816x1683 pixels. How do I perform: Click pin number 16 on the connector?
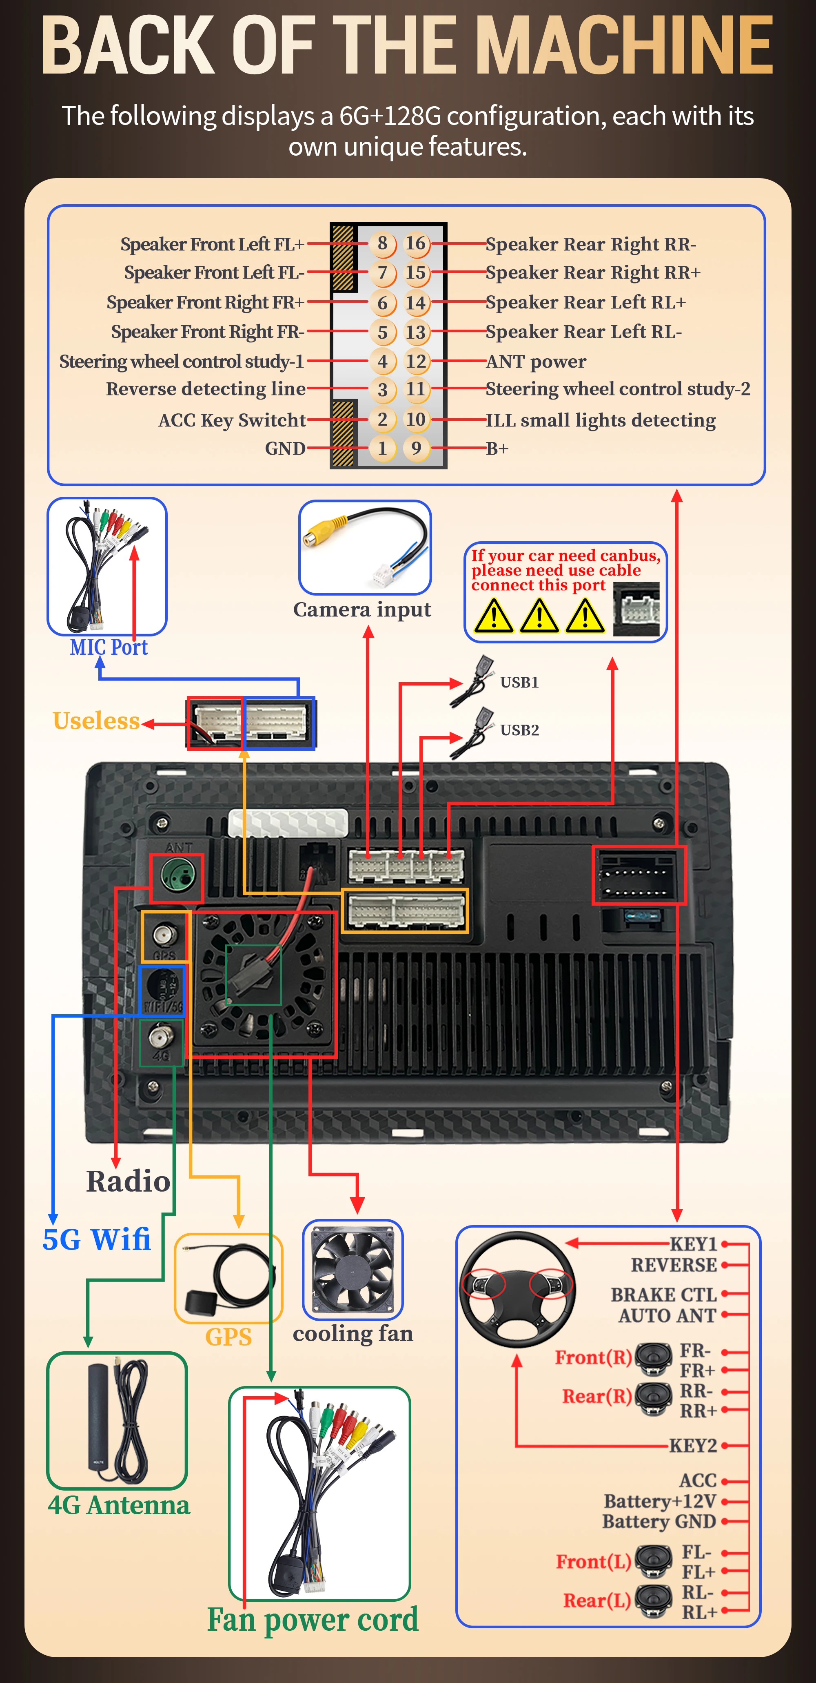[x=416, y=244]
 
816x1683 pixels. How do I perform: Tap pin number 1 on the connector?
[x=383, y=448]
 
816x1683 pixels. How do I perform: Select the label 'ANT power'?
[x=536, y=361]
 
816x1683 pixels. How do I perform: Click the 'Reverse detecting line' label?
[x=206, y=389]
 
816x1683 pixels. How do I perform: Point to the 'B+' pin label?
[x=497, y=448]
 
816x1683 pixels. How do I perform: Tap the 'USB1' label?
[x=520, y=682]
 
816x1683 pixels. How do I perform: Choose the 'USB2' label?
[x=520, y=730]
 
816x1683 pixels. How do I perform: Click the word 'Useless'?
[x=96, y=721]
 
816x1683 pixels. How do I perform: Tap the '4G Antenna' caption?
[x=119, y=1505]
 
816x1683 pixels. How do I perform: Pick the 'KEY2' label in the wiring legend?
[x=693, y=1445]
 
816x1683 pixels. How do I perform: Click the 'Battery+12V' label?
[x=660, y=1501]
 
